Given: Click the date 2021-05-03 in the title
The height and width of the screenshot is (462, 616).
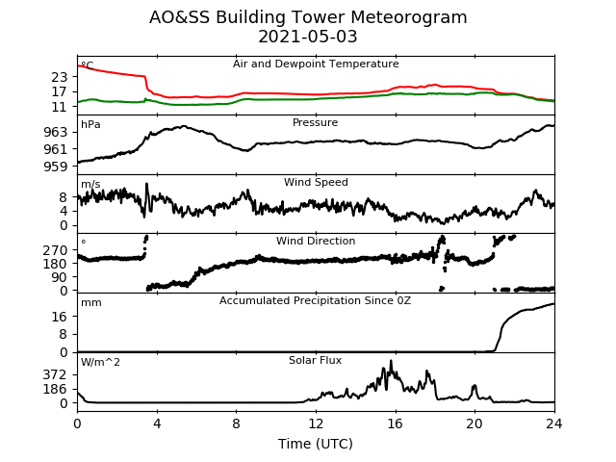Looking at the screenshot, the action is tap(308, 37).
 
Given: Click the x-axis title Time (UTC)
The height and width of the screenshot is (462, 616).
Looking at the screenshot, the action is tap(316, 444).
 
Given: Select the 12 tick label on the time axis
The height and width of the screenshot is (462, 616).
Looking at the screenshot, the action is tap(316, 423).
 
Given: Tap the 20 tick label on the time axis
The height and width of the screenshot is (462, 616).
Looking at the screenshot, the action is tap(475, 423).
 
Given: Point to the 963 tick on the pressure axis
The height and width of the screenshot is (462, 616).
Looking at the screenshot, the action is tap(56, 132).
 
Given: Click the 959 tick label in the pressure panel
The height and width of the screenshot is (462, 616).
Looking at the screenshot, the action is tap(56, 167).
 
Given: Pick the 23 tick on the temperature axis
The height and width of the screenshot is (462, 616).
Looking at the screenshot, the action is tap(60, 77).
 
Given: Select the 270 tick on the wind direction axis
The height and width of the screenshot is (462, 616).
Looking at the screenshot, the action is tap(56, 250).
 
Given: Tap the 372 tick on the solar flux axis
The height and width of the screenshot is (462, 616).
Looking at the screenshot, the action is tap(56, 374).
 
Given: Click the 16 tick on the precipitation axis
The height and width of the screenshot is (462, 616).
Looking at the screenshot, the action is tap(60, 317).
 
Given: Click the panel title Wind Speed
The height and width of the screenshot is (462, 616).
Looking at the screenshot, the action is tap(316, 182).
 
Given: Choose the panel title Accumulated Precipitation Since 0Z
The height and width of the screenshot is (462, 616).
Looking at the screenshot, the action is tap(315, 301).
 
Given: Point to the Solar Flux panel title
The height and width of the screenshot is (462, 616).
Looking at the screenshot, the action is tap(315, 360).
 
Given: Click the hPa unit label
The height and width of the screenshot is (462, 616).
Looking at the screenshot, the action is tap(90, 125).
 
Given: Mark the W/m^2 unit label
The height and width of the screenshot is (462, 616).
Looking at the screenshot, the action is tap(100, 362).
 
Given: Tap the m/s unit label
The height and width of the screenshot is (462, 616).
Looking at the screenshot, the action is tap(90, 184).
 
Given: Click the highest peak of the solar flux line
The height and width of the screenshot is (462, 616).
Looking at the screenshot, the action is tap(391, 361).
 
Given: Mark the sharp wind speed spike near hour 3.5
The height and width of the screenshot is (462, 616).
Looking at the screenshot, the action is tap(147, 184).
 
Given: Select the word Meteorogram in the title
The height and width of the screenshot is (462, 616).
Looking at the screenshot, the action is tap(407, 17).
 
